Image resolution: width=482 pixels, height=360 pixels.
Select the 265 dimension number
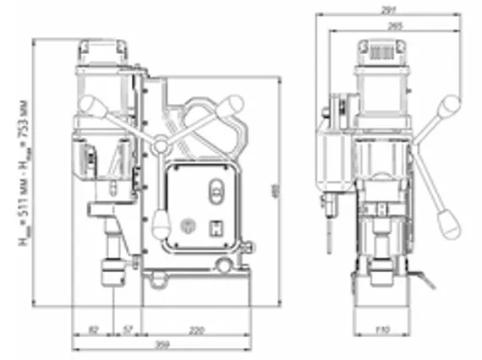pos(393,26)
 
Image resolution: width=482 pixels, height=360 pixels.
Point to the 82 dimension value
pos(92,328)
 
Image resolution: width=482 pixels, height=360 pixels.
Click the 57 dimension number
pos(128,328)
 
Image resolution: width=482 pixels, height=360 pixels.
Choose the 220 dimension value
pos(195,328)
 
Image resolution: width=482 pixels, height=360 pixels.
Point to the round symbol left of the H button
pos(187,226)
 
